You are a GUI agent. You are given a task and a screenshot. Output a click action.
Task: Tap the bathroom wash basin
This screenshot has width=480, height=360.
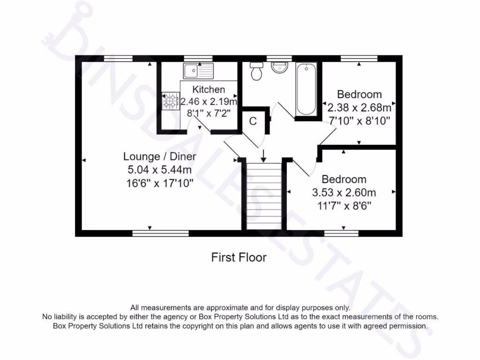279,68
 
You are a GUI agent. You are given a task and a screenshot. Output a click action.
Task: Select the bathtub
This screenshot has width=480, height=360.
306,90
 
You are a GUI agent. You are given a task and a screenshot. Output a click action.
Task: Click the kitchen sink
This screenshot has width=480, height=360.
197,71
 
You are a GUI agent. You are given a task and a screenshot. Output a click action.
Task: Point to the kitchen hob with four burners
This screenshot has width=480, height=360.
171,101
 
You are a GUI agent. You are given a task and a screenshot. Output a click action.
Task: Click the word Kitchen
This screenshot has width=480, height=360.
209,90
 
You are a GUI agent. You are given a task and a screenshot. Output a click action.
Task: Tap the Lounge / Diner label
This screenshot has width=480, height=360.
159,156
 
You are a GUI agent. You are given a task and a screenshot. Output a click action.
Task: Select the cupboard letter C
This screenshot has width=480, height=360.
253,121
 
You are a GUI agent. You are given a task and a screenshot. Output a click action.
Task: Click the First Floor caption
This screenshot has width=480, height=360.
239,257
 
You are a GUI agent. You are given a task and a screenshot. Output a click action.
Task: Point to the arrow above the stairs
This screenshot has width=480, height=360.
263,156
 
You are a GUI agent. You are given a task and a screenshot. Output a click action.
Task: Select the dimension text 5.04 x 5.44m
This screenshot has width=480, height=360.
159,169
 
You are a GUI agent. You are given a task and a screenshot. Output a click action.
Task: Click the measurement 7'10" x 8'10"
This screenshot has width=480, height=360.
360,121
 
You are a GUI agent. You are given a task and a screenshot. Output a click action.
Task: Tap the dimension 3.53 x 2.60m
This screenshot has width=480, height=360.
344,192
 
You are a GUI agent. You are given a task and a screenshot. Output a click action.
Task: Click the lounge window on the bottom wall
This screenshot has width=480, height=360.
160,233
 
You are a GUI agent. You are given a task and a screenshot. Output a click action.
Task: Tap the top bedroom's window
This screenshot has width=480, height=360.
359,58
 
